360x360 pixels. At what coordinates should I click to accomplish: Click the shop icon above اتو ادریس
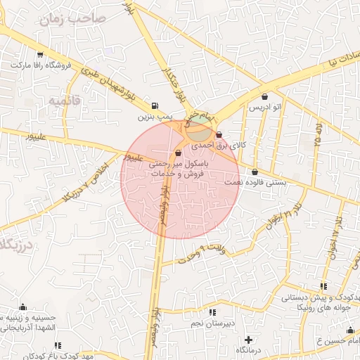[x=264, y=97]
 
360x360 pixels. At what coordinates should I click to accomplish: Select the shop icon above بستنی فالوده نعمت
[x=255, y=172]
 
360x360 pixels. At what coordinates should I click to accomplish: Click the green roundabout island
[x=200, y=129]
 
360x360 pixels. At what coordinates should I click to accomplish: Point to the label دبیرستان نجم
[x=211, y=323]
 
